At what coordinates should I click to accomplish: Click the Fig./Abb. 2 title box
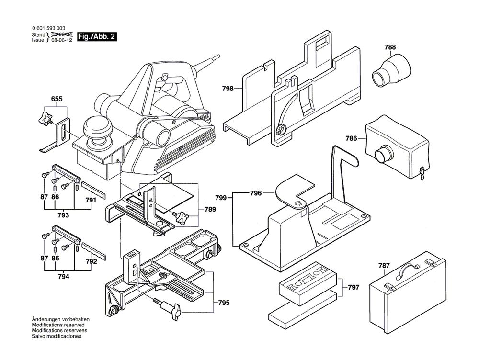point(97,36)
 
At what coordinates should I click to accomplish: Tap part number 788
point(390,47)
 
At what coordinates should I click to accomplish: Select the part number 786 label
point(352,139)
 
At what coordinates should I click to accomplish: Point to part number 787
point(384,266)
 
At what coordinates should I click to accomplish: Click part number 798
point(228,89)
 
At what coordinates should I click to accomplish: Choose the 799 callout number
point(221,198)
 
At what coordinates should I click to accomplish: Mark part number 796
point(256,193)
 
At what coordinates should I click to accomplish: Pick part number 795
point(223,303)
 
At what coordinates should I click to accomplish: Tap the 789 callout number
point(210,209)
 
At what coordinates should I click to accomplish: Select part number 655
point(57,100)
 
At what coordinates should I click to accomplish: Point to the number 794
point(63,277)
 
